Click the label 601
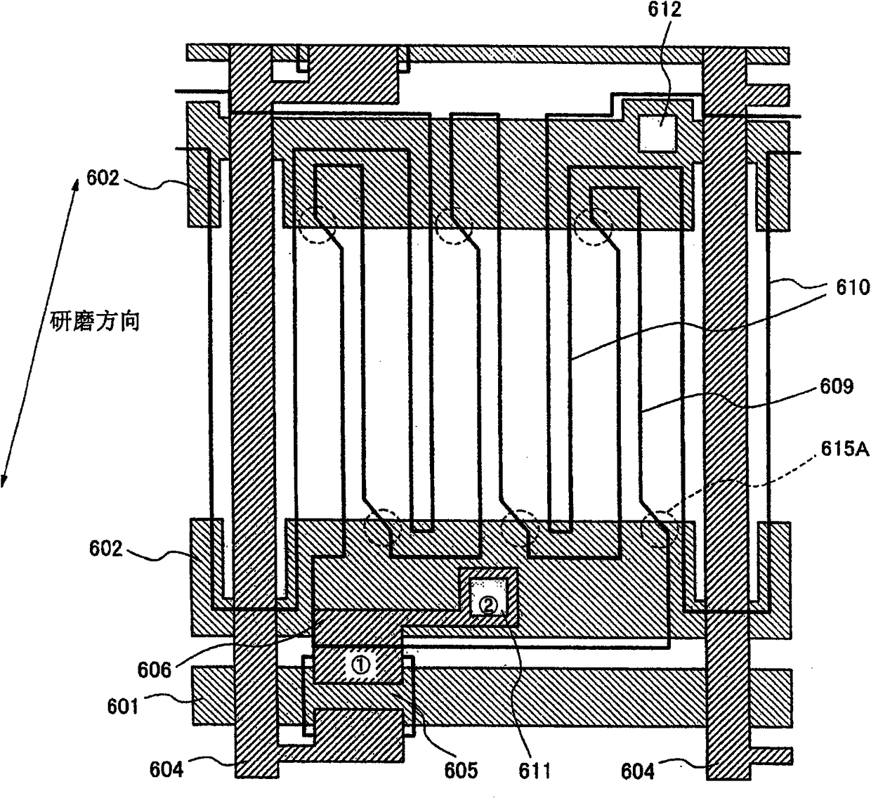coord(123,705)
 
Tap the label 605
coord(461,770)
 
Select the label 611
coord(535,771)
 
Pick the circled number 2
coord(488,603)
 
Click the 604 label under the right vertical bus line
coord(638,771)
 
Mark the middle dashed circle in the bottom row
coord(520,528)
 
